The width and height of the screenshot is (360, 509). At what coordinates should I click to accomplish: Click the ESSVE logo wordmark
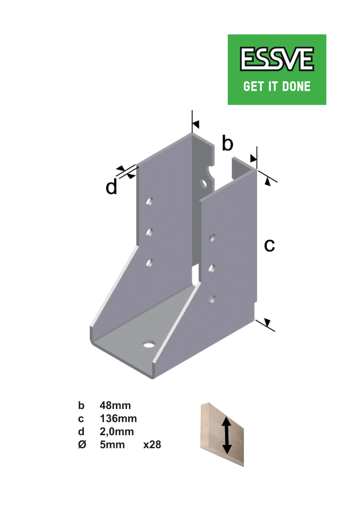tap(277, 59)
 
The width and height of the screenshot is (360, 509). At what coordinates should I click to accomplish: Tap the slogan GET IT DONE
tap(277, 87)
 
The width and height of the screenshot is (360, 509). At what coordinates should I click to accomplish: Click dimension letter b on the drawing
tap(227, 143)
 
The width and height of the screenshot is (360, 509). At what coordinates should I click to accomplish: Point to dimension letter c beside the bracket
tap(270, 246)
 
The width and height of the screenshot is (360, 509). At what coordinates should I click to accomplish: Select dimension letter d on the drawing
tap(112, 186)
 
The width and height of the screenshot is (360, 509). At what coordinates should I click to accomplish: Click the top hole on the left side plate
tap(149, 201)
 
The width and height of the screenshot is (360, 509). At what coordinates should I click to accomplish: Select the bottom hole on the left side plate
tap(149, 263)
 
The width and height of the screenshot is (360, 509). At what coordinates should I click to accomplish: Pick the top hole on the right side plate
tap(212, 238)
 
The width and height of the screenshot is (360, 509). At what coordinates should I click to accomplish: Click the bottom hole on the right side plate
tap(212, 300)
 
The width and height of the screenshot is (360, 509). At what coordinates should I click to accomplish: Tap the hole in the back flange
tap(203, 183)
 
